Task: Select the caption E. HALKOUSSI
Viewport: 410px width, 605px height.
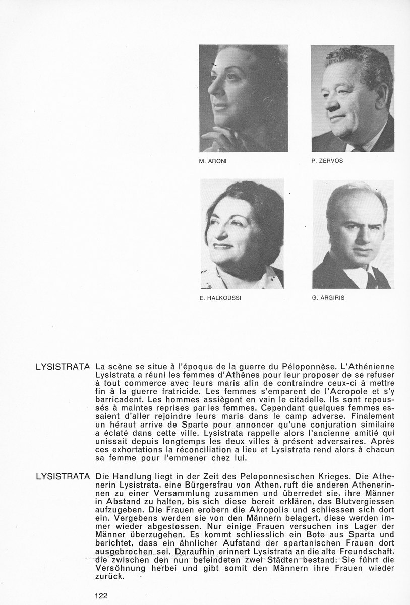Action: point(221,298)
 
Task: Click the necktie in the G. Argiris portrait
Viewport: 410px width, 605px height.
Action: point(371,280)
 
